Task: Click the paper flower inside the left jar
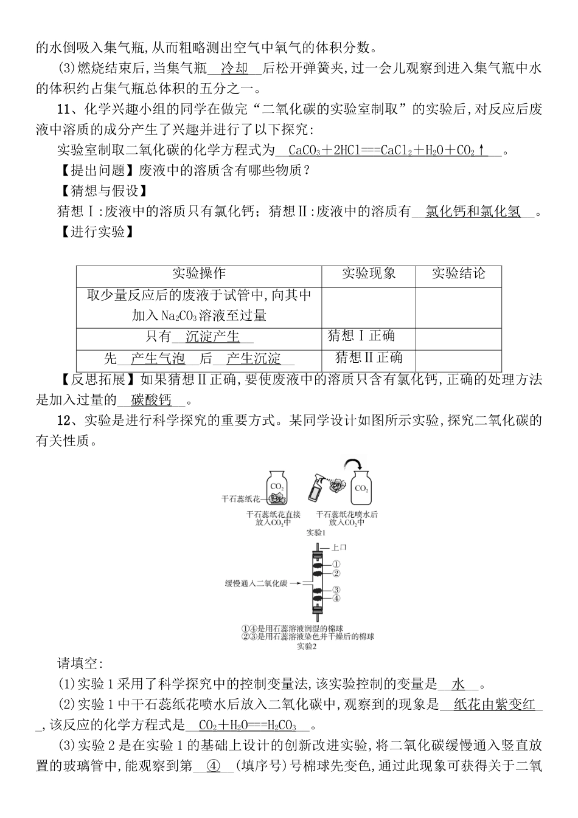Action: [277, 498]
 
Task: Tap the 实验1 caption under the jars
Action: [316, 533]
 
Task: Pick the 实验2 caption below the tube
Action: [307, 646]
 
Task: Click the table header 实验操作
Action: [198, 275]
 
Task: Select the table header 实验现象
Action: [368, 275]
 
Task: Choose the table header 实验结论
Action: [458, 275]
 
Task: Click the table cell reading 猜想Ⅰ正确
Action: [361, 336]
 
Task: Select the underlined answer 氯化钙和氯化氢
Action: [473, 211]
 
